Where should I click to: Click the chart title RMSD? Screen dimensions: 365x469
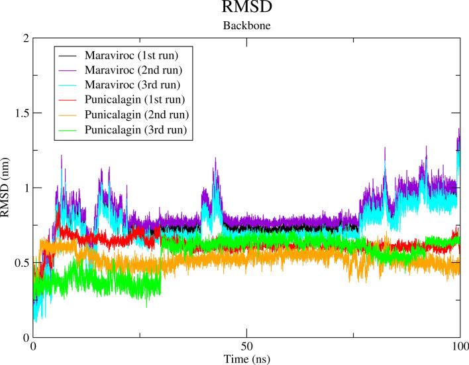[x=246, y=9]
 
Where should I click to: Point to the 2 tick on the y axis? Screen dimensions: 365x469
[x=24, y=38]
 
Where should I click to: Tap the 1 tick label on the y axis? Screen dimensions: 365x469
[x=24, y=188]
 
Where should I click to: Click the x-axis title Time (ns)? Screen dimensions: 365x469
[x=246, y=359]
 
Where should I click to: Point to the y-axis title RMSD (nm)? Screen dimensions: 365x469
[x=6, y=188]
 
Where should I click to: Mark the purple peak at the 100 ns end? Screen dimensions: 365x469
[x=458, y=130]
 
